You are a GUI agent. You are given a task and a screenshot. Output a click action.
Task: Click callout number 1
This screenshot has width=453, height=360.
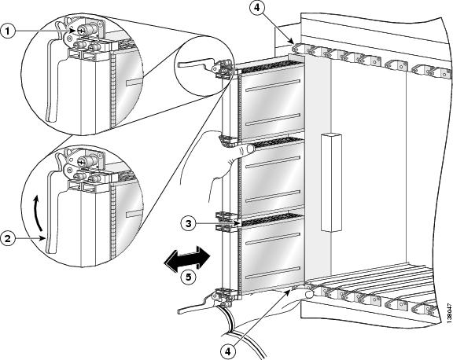pos(8,31)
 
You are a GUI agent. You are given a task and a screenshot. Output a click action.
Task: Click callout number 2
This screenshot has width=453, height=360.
pos(8,239)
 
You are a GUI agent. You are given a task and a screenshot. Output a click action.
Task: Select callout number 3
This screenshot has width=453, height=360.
pos(189,223)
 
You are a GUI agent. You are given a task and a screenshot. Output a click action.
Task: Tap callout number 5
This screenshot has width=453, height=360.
pos(188,277)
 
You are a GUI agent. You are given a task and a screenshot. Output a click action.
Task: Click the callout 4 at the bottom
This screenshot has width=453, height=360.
pos(228,351)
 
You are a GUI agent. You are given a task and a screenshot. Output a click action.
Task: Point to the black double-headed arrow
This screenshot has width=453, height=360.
pos(187,259)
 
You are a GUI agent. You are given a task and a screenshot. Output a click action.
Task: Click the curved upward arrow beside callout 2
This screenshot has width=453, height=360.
pos(37,213)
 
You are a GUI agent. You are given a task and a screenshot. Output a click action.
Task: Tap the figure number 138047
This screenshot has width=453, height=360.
pos(448,311)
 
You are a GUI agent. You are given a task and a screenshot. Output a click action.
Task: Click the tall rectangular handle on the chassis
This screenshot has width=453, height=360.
pos(331,182)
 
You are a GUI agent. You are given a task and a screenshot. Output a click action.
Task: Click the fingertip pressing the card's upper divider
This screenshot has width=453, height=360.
pos(249,149)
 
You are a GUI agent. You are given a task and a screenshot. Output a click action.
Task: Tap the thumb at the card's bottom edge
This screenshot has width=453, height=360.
pos(309,294)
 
